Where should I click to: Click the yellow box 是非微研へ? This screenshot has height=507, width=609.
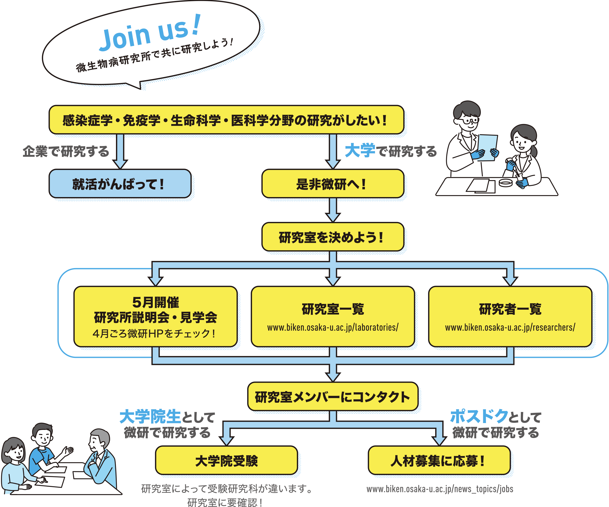(x=333, y=184)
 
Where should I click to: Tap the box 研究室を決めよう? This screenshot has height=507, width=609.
(x=333, y=237)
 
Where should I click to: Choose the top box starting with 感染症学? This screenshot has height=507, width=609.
(x=226, y=120)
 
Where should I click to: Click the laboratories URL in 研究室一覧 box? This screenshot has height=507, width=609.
(x=333, y=328)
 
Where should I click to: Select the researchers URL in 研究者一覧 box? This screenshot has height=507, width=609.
(x=510, y=328)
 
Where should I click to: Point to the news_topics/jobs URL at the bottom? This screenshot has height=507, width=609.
(x=440, y=489)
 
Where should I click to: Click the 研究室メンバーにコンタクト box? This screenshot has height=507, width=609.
(x=333, y=397)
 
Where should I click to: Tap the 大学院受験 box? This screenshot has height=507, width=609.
(x=226, y=461)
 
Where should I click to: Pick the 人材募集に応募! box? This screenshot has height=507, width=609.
(x=439, y=461)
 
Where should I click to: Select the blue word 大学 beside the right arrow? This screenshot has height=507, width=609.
(x=360, y=150)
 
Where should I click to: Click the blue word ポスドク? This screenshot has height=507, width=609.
(x=479, y=416)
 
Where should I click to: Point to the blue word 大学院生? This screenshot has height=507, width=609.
(x=150, y=416)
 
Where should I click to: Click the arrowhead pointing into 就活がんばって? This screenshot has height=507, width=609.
(x=120, y=164)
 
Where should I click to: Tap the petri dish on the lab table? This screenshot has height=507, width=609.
(x=505, y=183)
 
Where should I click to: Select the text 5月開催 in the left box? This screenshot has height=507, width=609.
(x=156, y=302)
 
